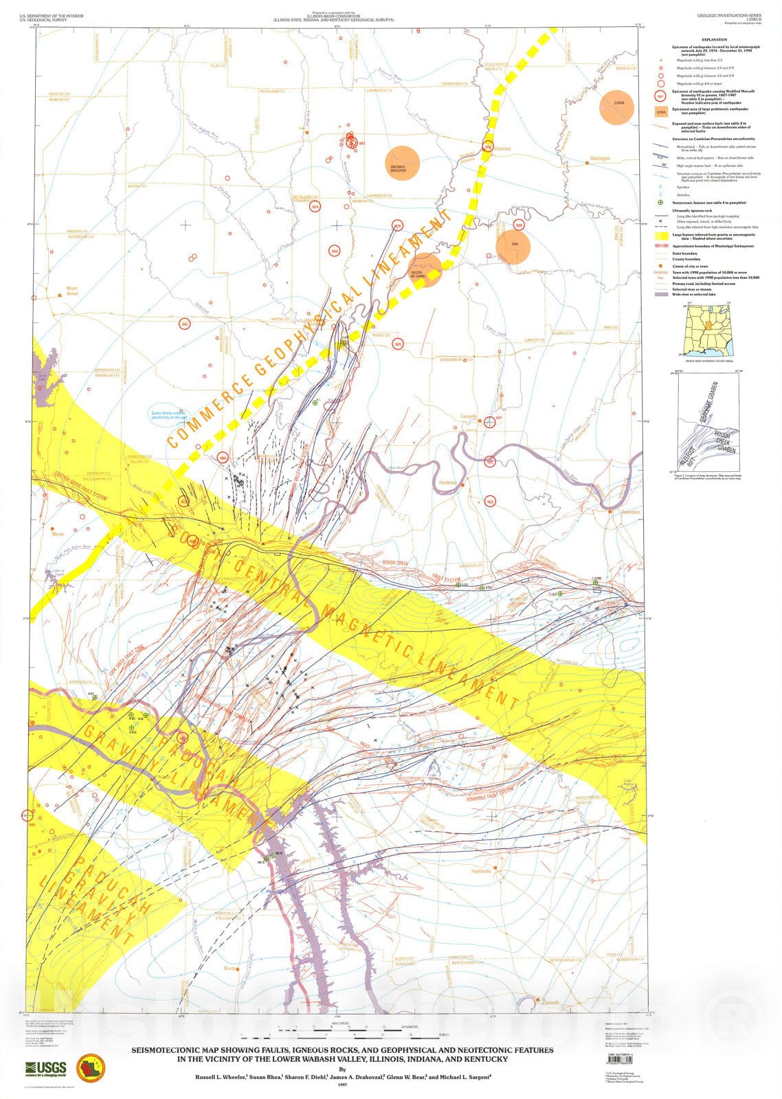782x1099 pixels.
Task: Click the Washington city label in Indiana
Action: (x=599, y=159)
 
